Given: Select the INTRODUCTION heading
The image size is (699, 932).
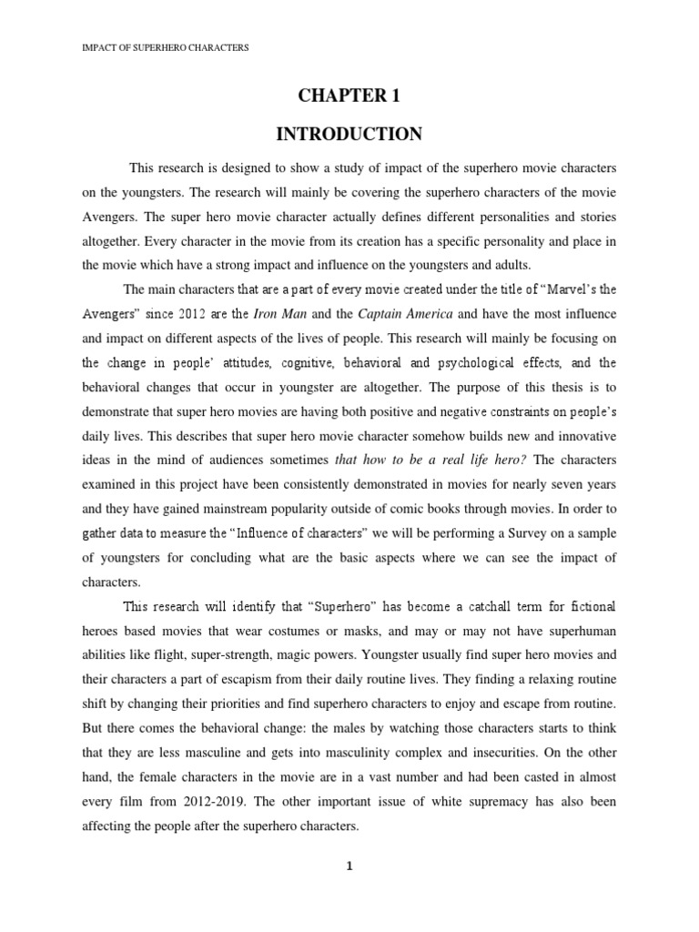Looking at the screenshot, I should tap(349, 135).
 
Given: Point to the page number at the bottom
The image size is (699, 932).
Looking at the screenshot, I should tap(349, 866).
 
